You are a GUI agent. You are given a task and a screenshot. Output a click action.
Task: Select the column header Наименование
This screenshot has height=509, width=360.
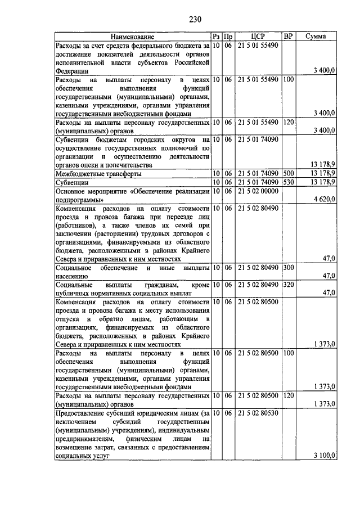132,37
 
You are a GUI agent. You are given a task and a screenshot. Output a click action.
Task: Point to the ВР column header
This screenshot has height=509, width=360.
289,37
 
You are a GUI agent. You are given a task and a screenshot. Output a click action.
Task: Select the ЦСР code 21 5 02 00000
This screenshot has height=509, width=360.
258,191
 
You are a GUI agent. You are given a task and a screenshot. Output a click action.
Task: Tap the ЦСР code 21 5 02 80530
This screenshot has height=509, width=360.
258,413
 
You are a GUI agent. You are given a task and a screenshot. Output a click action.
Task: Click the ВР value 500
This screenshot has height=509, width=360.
289,174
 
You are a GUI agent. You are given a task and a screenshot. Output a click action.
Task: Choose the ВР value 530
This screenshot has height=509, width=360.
289,182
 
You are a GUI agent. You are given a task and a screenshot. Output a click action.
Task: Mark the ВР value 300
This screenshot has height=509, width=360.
289,268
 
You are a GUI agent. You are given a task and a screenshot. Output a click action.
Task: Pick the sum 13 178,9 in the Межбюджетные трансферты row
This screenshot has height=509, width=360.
323,174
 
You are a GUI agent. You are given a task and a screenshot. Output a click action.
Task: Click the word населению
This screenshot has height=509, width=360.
73,276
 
